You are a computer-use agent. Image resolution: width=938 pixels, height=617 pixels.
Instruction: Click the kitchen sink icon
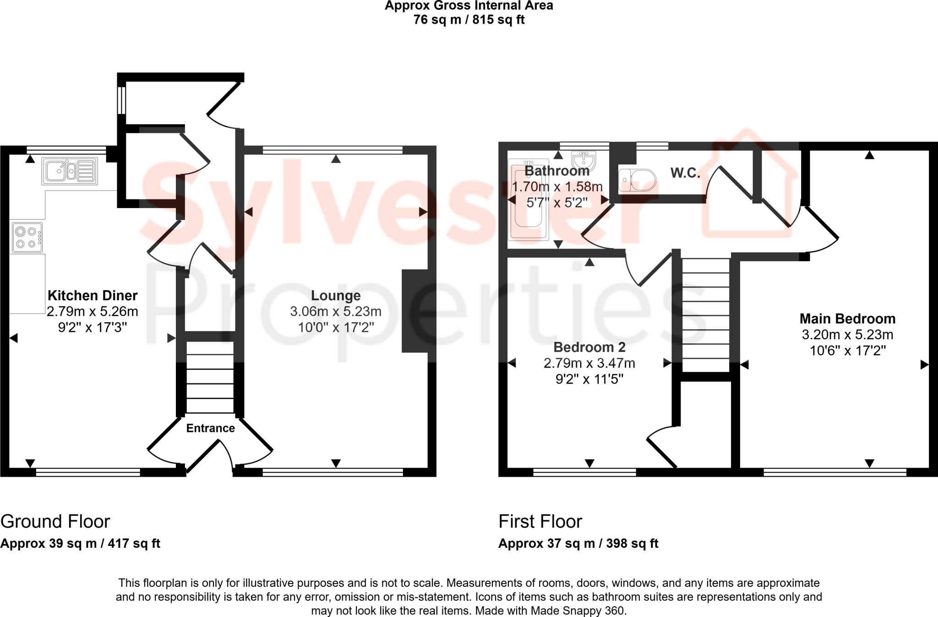tap(70, 171)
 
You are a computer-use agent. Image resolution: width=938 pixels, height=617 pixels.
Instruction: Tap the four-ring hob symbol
tap(27, 237)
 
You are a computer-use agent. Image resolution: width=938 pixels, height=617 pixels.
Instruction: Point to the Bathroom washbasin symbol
tap(584, 160)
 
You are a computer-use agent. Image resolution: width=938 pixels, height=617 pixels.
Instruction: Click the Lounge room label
tap(336, 296)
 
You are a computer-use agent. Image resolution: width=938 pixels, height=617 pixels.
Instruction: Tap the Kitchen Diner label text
tap(93, 296)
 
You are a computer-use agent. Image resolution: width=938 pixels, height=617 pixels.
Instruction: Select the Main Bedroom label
tap(847, 319)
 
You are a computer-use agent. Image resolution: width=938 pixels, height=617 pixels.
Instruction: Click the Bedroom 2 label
tap(589, 347)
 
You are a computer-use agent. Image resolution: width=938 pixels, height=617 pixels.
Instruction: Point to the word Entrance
tap(210, 428)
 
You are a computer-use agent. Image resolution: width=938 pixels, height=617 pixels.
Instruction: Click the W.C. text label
tap(685, 173)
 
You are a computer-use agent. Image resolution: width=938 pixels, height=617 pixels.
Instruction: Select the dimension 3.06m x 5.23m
tap(336, 312)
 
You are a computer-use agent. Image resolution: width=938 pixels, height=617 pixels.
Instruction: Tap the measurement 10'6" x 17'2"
tap(847, 351)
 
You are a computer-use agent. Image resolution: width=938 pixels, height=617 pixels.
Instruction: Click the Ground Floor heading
tap(55, 522)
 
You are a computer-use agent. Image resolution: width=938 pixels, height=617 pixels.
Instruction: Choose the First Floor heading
tap(540, 522)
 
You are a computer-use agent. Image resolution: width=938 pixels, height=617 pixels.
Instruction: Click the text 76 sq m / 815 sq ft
tap(469, 20)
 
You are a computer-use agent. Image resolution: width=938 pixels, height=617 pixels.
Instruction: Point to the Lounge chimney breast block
tap(415, 311)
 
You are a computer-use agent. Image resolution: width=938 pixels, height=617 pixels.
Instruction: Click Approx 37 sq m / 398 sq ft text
tap(578, 544)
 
